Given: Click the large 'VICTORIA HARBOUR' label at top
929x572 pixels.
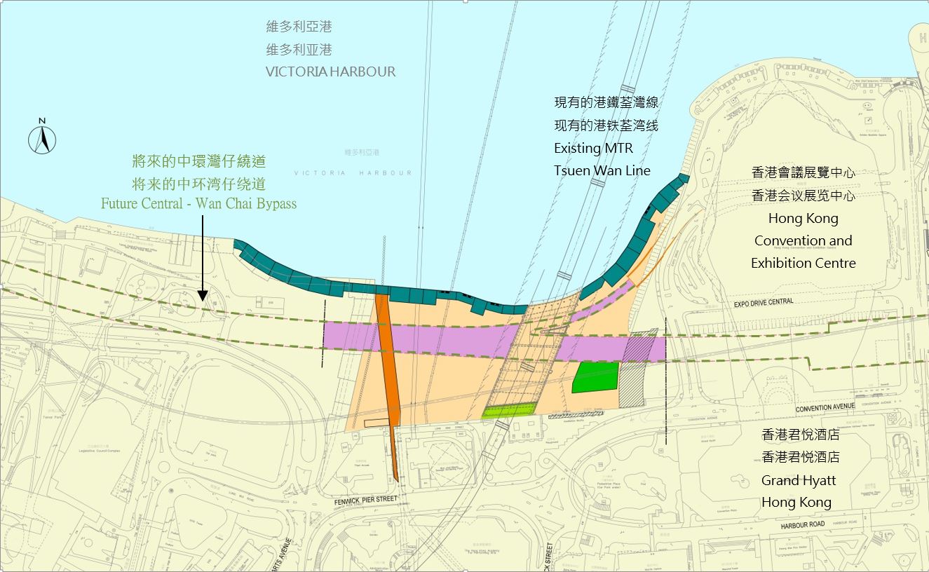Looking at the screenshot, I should (x=330, y=71).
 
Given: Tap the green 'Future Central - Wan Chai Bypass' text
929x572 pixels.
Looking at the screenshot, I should (x=198, y=204).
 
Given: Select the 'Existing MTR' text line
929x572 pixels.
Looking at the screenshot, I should (x=593, y=148).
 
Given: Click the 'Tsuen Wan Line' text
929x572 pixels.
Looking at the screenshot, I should (x=602, y=170).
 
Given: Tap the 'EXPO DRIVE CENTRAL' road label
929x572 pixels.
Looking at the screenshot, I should (x=764, y=302).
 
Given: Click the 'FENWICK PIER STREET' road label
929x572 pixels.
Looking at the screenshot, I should (x=365, y=499).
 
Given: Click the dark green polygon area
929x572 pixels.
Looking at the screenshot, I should (x=596, y=377).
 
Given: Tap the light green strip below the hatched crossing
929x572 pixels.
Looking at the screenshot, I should (x=509, y=410).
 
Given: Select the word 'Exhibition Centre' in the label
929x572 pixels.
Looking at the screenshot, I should (x=803, y=264).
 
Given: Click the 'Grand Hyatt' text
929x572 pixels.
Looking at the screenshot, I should (x=797, y=480).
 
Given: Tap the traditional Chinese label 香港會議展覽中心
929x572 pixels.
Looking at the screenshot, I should (x=803, y=172).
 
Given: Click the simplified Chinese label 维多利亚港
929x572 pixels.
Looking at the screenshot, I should (x=299, y=50).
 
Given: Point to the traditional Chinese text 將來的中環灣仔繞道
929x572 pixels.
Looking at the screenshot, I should (x=198, y=161).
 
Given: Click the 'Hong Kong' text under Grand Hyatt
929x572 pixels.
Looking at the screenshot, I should (x=797, y=503).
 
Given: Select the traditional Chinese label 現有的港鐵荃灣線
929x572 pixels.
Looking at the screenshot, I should (x=606, y=103).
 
